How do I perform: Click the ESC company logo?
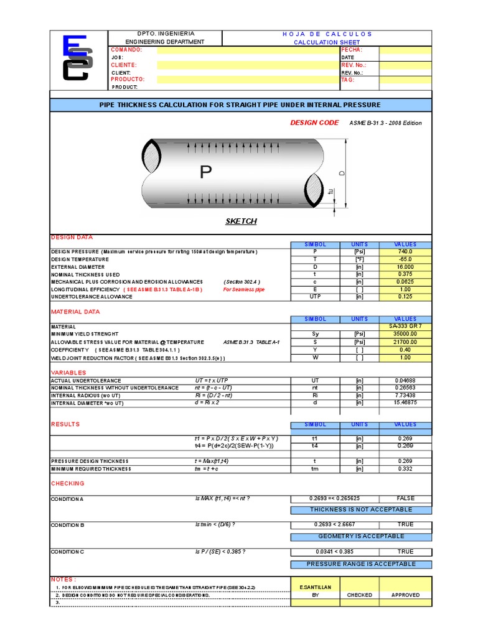(77, 58)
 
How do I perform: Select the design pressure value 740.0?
(405, 252)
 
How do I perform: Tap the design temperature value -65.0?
(405, 259)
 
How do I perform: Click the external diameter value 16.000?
(405, 267)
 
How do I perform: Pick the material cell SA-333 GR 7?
(405, 326)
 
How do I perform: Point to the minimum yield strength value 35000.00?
(405, 334)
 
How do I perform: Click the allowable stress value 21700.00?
(405, 342)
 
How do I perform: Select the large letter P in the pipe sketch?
(206, 172)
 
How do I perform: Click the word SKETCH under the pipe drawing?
(240, 221)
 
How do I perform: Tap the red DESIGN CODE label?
(314, 123)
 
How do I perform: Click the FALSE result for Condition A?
(405, 498)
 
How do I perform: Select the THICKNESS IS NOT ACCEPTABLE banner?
(361, 509)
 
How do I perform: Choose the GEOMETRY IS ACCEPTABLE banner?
(361, 536)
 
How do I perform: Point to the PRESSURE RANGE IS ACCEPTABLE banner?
(361, 564)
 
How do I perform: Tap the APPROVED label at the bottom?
(405, 595)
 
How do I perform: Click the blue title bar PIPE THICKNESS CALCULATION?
(240, 105)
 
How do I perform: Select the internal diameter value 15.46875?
(405, 403)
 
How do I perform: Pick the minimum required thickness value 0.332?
(405, 469)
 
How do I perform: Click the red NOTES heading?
(63, 579)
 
